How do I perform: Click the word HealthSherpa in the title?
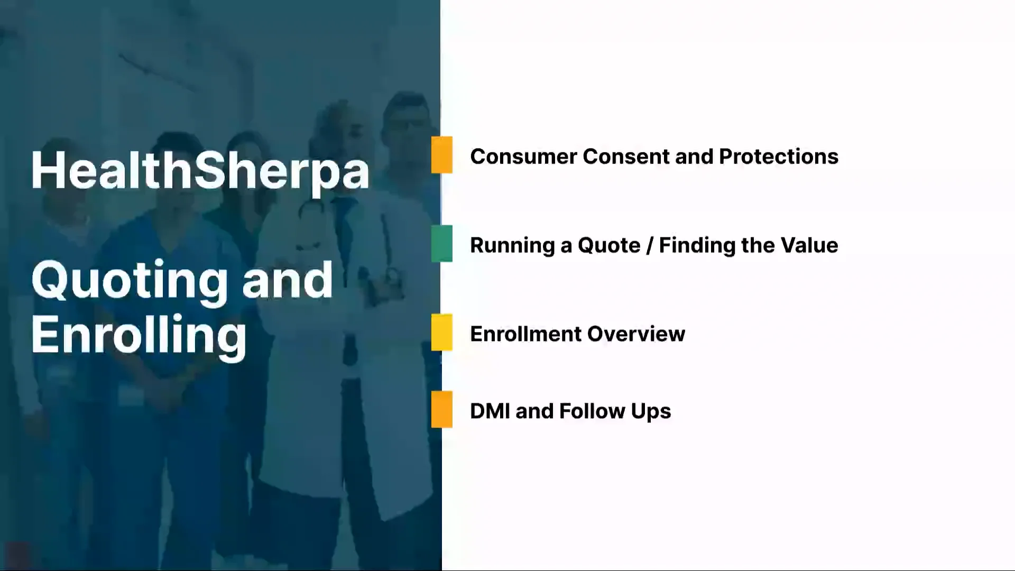click(x=200, y=170)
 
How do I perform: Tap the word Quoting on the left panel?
click(x=129, y=280)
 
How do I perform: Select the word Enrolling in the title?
click(x=139, y=335)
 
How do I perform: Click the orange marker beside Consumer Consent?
click(x=441, y=155)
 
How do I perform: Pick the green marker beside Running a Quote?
click(x=441, y=244)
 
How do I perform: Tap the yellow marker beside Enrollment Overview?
click(x=441, y=333)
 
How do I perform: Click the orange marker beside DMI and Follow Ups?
click(x=441, y=409)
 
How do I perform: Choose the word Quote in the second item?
click(x=608, y=246)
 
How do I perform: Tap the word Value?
click(x=809, y=245)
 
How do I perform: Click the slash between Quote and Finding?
click(x=650, y=246)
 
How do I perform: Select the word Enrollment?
click(x=525, y=334)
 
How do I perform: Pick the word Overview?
click(x=636, y=334)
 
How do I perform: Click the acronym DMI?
click(x=490, y=411)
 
